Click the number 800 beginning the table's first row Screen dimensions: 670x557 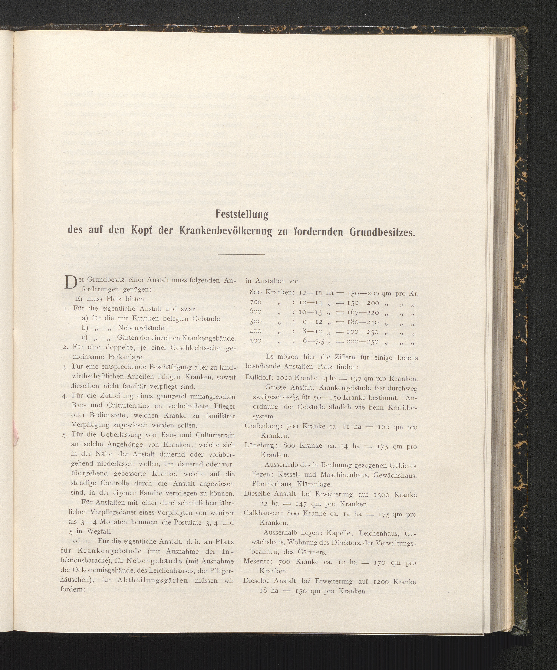(x=256, y=293)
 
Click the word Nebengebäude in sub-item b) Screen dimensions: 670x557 (x=141, y=328)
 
